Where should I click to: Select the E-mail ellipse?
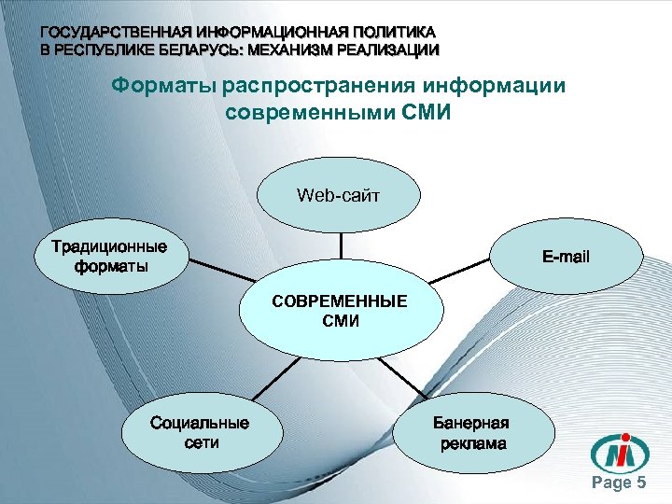pos(567,256)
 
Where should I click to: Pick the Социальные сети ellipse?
pos(200,433)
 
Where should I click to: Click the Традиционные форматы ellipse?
pos(109,256)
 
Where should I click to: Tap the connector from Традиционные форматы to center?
pos(216,278)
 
